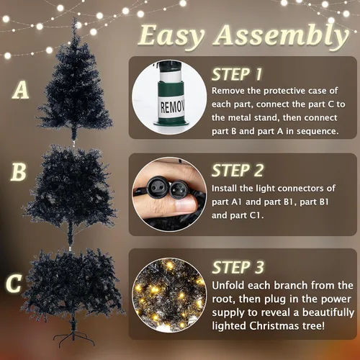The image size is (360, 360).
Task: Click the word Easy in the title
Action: (x=171, y=36)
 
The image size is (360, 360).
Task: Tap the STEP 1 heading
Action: (x=237, y=74)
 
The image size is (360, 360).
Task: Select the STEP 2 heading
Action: (x=238, y=171)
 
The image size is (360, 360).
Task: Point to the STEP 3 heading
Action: (x=238, y=267)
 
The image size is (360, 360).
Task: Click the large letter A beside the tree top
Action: (x=21, y=90)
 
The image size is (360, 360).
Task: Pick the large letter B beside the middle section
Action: (x=18, y=172)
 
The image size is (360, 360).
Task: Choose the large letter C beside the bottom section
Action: (x=14, y=283)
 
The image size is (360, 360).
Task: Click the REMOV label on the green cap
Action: (x=172, y=107)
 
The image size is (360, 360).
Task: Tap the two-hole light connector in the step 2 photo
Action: (x=158, y=185)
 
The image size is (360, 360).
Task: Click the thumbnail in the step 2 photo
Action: (x=186, y=204)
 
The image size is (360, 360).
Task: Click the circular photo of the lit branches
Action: (x=169, y=294)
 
